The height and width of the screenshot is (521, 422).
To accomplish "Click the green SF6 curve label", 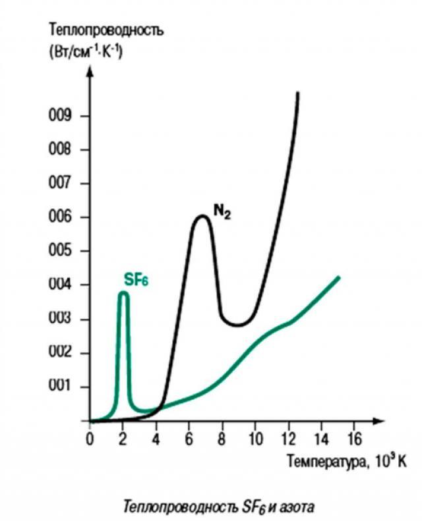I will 136,279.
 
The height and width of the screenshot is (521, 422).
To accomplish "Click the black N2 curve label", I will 222,212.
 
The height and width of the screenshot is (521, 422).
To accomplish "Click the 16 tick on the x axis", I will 354,439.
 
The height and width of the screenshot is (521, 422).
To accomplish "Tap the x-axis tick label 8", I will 222,439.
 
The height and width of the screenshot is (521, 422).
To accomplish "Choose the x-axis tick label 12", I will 287,439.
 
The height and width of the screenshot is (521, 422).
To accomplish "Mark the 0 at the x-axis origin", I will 90,439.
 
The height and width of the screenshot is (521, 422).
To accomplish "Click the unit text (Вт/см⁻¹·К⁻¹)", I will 86,50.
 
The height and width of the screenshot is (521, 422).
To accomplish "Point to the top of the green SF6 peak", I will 123,293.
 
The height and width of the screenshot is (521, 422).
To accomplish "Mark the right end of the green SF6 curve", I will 339,277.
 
